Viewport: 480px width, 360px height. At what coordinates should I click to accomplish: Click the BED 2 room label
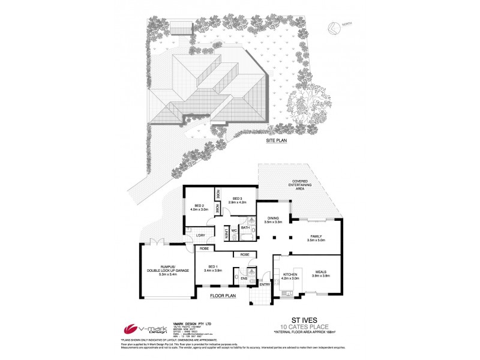pos(199,205)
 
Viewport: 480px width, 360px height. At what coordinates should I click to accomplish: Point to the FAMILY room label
pos(316,236)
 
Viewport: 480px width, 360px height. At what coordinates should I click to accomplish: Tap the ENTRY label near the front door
pos(265,284)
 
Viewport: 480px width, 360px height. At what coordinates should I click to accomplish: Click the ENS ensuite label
pos(244,278)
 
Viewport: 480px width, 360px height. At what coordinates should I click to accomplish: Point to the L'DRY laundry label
pos(201,235)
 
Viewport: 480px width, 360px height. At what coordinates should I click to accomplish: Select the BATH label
pos(245,228)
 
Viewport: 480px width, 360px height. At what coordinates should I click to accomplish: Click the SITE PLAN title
pos(278,139)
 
